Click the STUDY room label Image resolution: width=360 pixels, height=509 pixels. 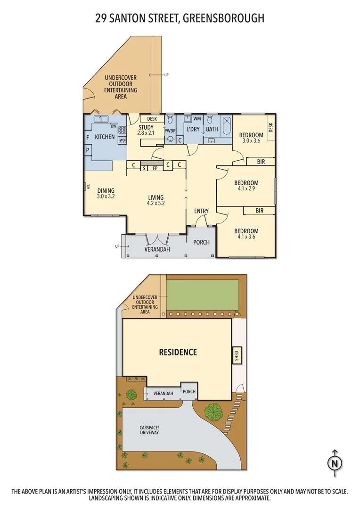pos(146,127)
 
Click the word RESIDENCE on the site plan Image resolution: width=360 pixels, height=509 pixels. pos(178,352)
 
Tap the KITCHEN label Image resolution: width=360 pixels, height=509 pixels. pos(105,137)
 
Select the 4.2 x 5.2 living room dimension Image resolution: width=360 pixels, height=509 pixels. pos(155,203)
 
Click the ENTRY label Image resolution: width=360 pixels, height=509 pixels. pos(201,211)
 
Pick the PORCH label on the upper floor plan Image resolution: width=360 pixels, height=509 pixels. pos(201,242)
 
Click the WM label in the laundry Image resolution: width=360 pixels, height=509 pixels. pos(196,119)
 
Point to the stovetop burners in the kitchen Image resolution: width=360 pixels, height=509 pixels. pos(122,131)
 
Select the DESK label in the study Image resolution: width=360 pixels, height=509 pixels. pos(152,119)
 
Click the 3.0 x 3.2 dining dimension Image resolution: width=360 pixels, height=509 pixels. pos(106,197)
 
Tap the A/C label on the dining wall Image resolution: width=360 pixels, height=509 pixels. pos(88,187)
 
